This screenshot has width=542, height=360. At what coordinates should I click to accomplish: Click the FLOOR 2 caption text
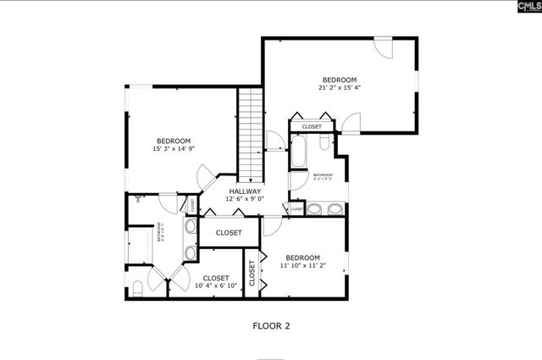(271, 324)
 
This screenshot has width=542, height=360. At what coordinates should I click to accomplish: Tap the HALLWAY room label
(246, 191)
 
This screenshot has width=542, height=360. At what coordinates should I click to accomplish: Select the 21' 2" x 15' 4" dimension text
(338, 87)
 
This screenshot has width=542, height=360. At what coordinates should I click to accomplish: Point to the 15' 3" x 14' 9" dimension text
(173, 149)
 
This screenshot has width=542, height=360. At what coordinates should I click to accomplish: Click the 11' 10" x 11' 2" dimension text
(301, 266)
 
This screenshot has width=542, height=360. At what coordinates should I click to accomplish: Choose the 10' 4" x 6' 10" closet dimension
(215, 286)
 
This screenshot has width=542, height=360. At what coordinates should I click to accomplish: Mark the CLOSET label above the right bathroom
(312, 127)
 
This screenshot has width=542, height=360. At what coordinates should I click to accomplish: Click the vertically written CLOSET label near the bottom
(252, 272)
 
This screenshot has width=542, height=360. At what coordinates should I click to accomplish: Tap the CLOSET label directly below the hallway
(229, 232)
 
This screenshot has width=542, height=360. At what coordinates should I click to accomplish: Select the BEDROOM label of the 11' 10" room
(301, 258)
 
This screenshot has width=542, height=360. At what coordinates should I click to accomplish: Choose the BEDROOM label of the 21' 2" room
(338, 79)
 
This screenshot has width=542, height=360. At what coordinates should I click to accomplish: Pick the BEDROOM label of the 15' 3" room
(173, 141)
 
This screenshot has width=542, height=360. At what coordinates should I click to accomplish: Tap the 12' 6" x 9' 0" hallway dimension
(246, 200)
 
